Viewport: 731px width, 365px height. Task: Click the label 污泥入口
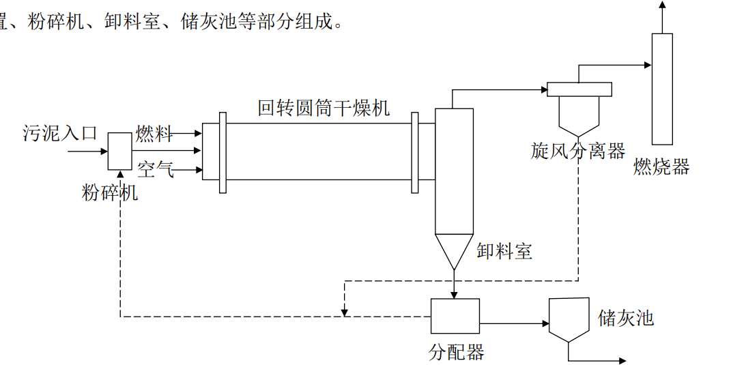[60, 133]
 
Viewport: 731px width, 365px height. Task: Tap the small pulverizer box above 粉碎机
[120, 151]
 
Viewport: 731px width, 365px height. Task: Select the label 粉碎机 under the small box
[110, 193]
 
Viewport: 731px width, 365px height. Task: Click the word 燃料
[154, 133]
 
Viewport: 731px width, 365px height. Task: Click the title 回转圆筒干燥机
[324, 108]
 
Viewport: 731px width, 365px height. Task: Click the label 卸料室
[504, 251]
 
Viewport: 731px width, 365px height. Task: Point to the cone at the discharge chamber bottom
[454, 250]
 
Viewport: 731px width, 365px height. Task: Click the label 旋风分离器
[578, 151]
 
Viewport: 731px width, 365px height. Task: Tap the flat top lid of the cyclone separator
[579, 89]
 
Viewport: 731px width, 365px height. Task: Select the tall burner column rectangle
[661, 89]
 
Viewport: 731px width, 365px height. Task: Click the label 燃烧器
[661, 166]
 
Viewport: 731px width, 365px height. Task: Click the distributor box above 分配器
[455, 316]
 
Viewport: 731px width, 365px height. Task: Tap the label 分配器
[456, 352]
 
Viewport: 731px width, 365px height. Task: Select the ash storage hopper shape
[569, 319]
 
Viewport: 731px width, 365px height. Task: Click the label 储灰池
[626, 318]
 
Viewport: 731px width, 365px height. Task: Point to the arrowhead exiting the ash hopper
[622, 360]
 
